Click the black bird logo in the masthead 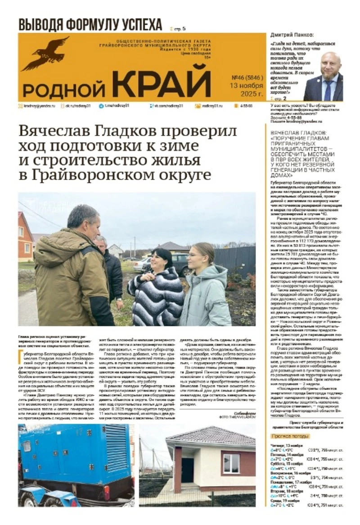click(45, 54)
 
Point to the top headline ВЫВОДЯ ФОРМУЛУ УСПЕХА click(90, 25)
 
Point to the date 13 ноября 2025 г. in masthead click(246, 89)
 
